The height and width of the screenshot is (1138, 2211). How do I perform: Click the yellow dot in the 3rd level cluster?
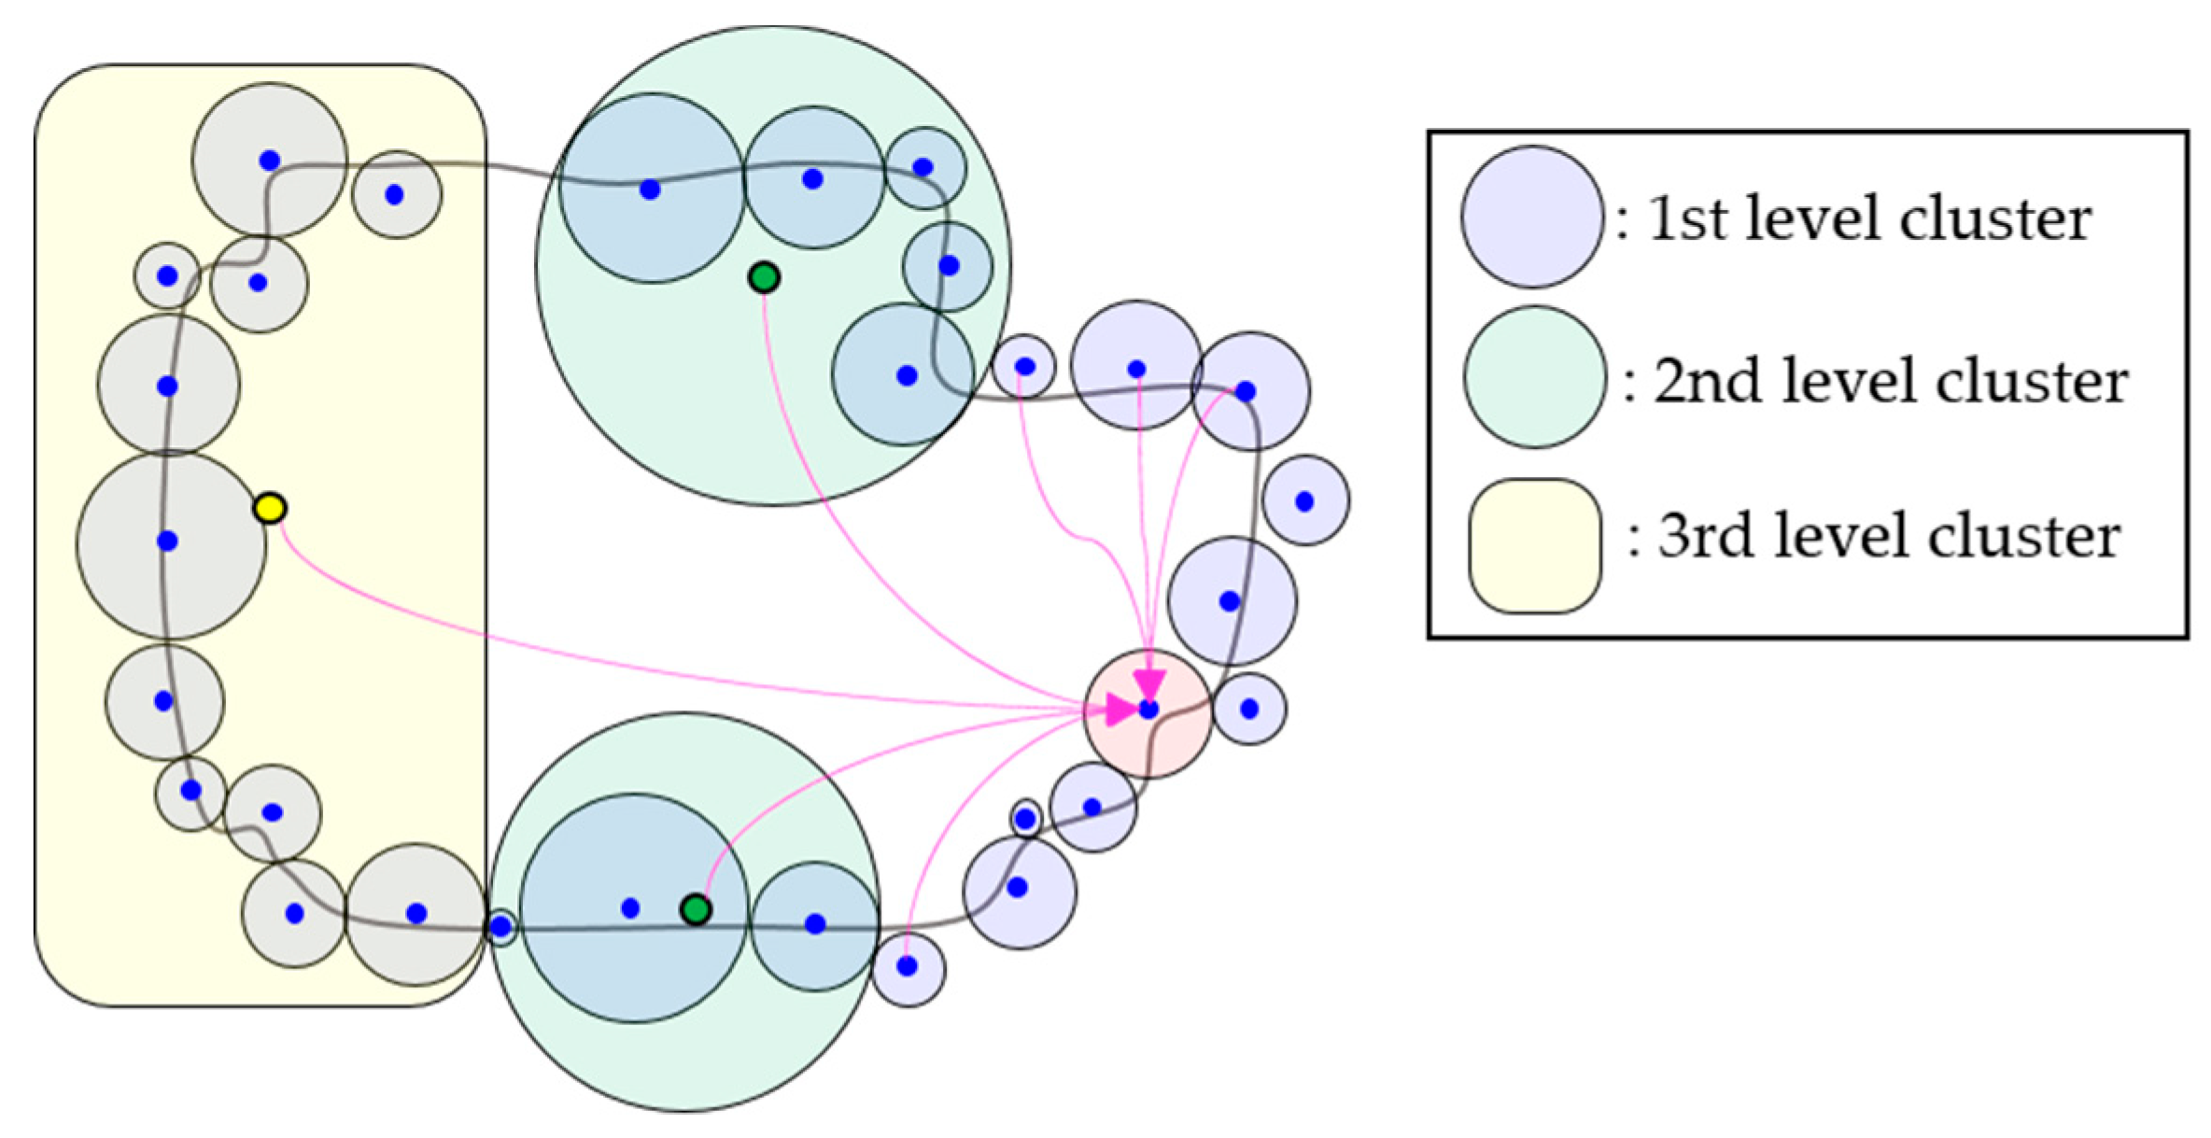(x=270, y=508)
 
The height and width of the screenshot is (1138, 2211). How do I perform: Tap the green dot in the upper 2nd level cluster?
(x=764, y=277)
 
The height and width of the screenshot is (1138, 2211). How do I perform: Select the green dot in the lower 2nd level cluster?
(x=696, y=908)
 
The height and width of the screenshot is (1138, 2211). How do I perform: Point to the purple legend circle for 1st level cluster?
(x=1531, y=217)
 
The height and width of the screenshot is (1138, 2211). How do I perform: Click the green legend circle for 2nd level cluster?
(x=1534, y=377)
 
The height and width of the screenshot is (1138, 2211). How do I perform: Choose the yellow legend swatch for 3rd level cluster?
(x=1534, y=546)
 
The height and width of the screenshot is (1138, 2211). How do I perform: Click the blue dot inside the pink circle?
(x=1148, y=709)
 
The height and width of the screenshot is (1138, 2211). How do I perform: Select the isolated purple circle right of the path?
(x=1304, y=501)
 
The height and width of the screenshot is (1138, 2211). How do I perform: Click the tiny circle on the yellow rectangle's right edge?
(x=501, y=927)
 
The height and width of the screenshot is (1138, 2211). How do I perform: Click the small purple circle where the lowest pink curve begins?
(x=908, y=967)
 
